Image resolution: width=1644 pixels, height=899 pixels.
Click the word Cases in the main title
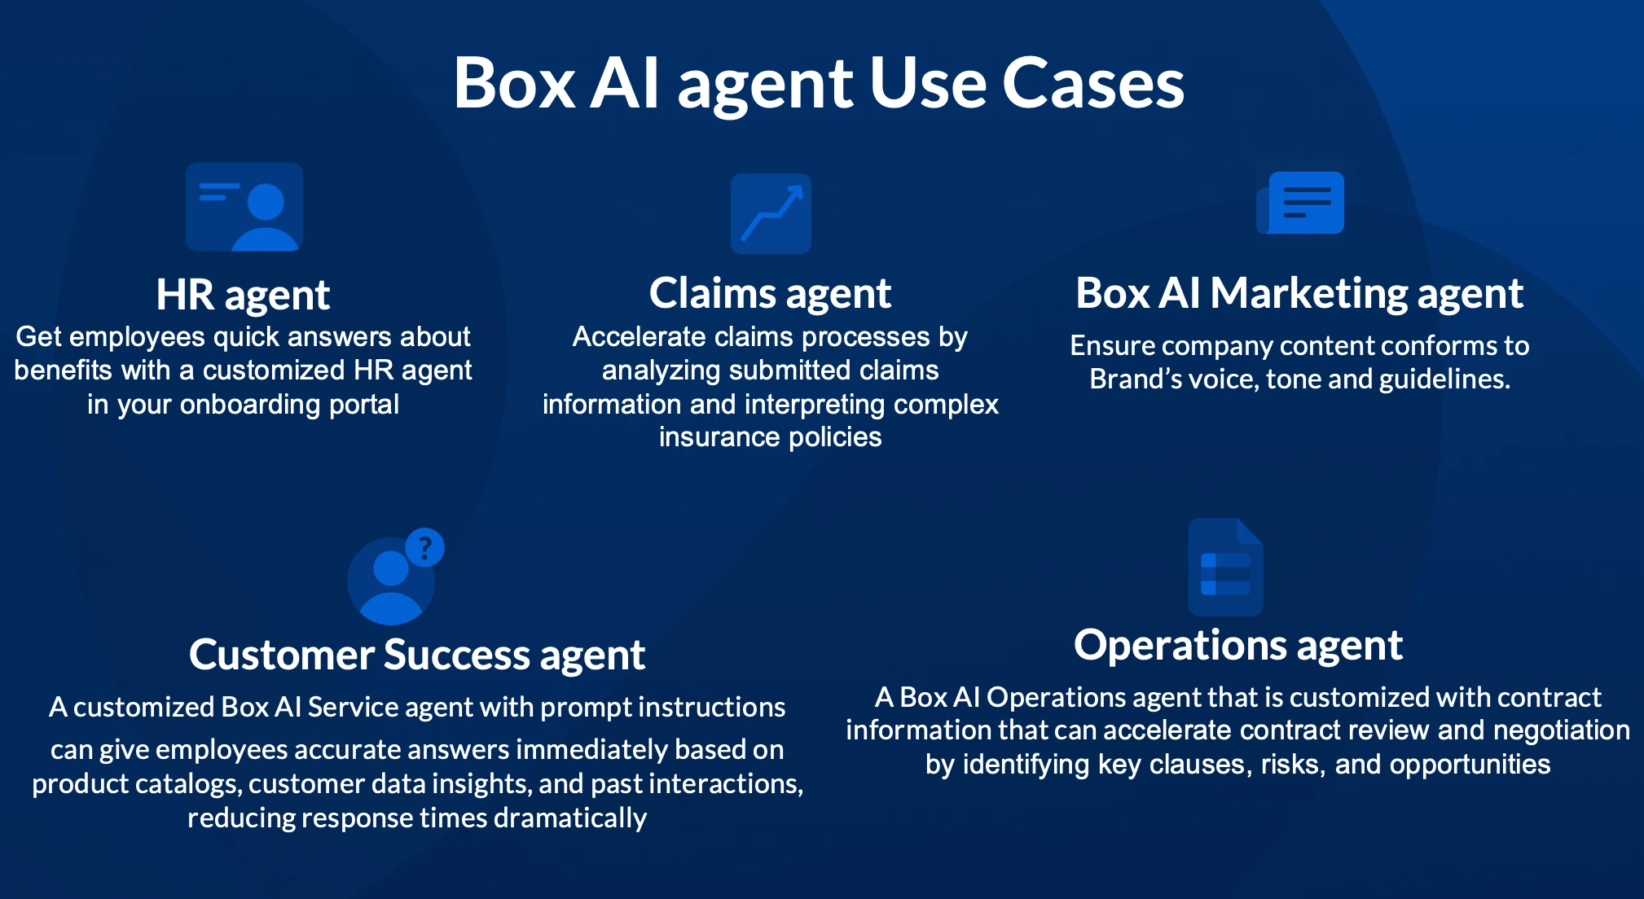pyautogui.click(x=1092, y=83)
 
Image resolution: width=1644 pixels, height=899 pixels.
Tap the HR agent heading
pyautogui.click(x=243, y=295)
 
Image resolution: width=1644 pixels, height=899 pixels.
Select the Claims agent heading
pyautogui.click(x=770, y=293)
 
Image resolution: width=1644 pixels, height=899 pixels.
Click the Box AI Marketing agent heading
pyautogui.click(x=1299, y=293)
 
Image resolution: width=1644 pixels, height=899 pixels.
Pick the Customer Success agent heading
pyautogui.click(x=416, y=655)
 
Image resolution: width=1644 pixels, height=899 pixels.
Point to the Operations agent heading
pyautogui.click(x=1237, y=646)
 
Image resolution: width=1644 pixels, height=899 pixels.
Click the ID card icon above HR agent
pyautogui.click(x=244, y=207)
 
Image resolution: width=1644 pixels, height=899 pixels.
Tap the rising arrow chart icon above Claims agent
pyautogui.click(x=771, y=213)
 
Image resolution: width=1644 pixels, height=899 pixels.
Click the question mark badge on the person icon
pyautogui.click(x=424, y=547)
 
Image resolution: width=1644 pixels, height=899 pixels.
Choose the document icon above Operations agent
pyautogui.click(x=1225, y=568)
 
